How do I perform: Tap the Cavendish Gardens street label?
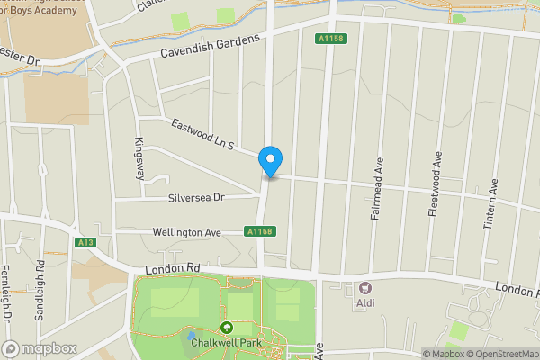[x=210, y=46]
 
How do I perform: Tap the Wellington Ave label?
[x=187, y=232]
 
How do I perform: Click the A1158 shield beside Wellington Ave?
[x=259, y=232]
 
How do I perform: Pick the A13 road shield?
[x=86, y=242]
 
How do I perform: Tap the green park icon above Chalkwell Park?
[x=226, y=328]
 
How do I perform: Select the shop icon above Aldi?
[x=365, y=288]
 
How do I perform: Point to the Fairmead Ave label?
[x=379, y=175]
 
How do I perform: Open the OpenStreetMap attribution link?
[x=499, y=354]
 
